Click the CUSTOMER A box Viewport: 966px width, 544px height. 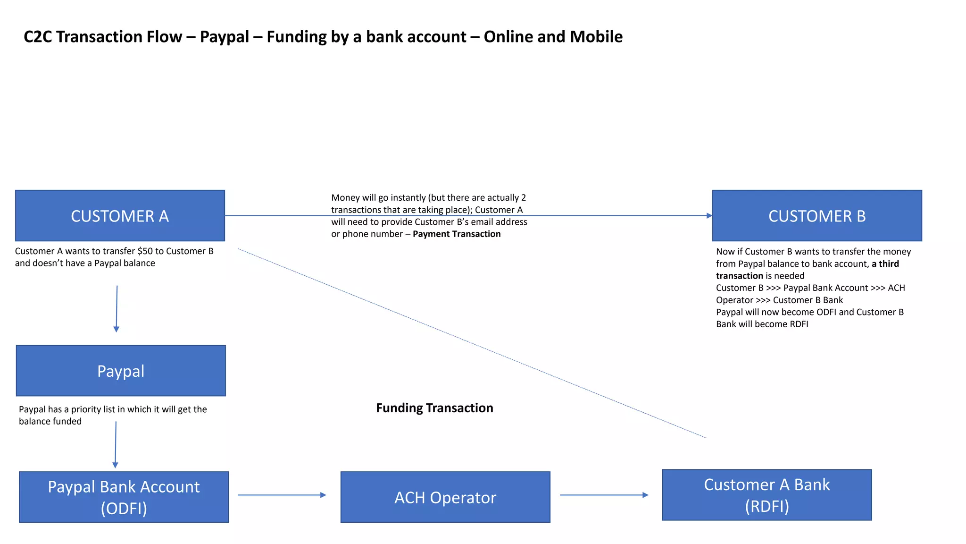(x=120, y=216)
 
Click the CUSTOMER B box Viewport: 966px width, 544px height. (x=816, y=216)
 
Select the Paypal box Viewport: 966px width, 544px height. (x=121, y=371)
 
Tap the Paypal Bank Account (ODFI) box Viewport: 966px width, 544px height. (x=124, y=497)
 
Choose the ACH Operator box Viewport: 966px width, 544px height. (x=445, y=497)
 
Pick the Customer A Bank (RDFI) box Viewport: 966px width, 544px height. (x=766, y=495)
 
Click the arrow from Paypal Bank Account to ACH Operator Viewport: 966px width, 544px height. (x=282, y=495)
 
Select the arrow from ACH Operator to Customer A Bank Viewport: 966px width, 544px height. (x=604, y=495)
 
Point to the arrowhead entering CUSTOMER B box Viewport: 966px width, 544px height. (x=709, y=216)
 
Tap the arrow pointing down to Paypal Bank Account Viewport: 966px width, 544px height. (x=116, y=444)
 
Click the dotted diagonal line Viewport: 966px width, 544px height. (x=472, y=343)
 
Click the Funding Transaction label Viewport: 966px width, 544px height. (x=434, y=408)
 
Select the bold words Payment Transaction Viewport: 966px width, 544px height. (x=457, y=234)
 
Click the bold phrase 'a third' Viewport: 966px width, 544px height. (x=885, y=264)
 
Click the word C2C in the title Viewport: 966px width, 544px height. (x=38, y=37)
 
